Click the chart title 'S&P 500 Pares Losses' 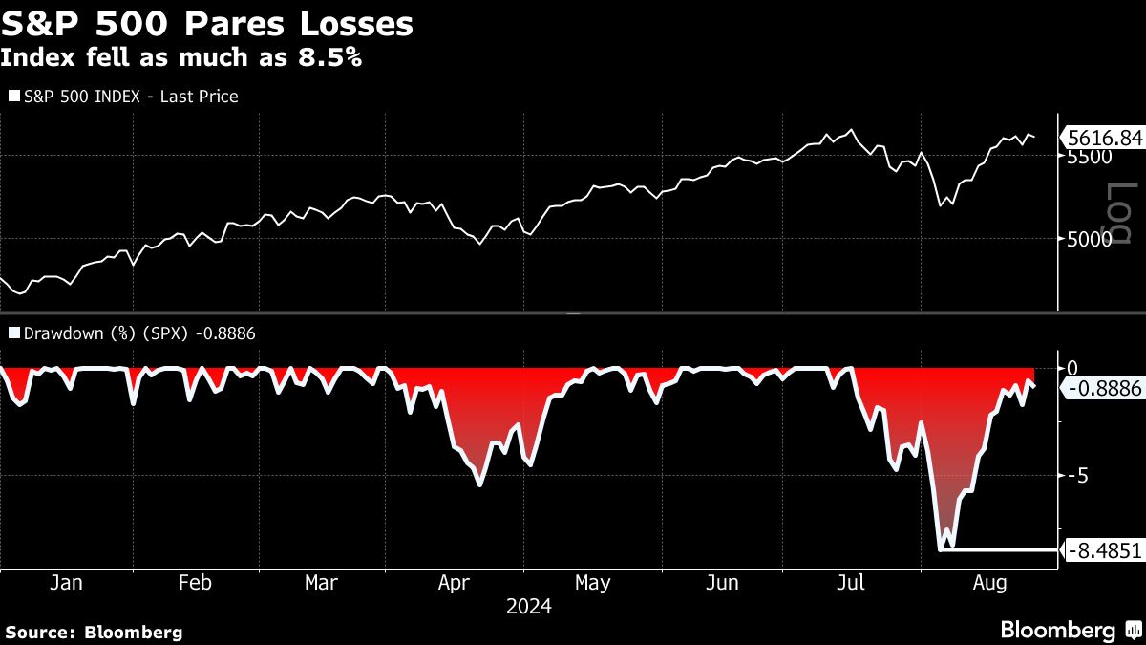(207, 23)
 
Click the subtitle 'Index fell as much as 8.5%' (180, 57)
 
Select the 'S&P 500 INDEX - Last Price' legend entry (129, 96)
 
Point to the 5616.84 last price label (1105, 139)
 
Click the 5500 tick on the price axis (1089, 157)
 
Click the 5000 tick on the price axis (1089, 239)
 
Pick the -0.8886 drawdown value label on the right (1105, 388)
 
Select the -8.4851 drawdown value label (1105, 550)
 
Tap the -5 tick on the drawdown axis (1076, 475)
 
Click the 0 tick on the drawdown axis (1072, 368)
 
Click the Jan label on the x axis (65, 583)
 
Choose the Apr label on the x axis (454, 583)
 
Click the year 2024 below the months (529, 607)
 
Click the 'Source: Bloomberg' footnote (94, 632)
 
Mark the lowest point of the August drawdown (943, 548)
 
